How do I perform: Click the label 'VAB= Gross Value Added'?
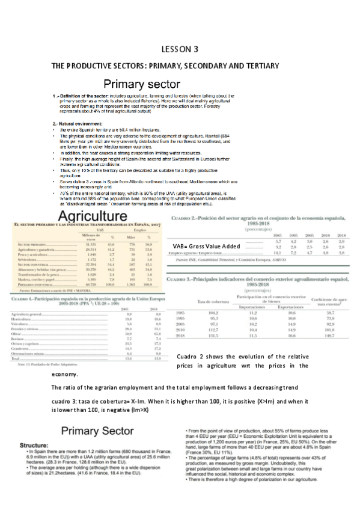click(207, 247)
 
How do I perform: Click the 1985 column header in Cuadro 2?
click(278, 235)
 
